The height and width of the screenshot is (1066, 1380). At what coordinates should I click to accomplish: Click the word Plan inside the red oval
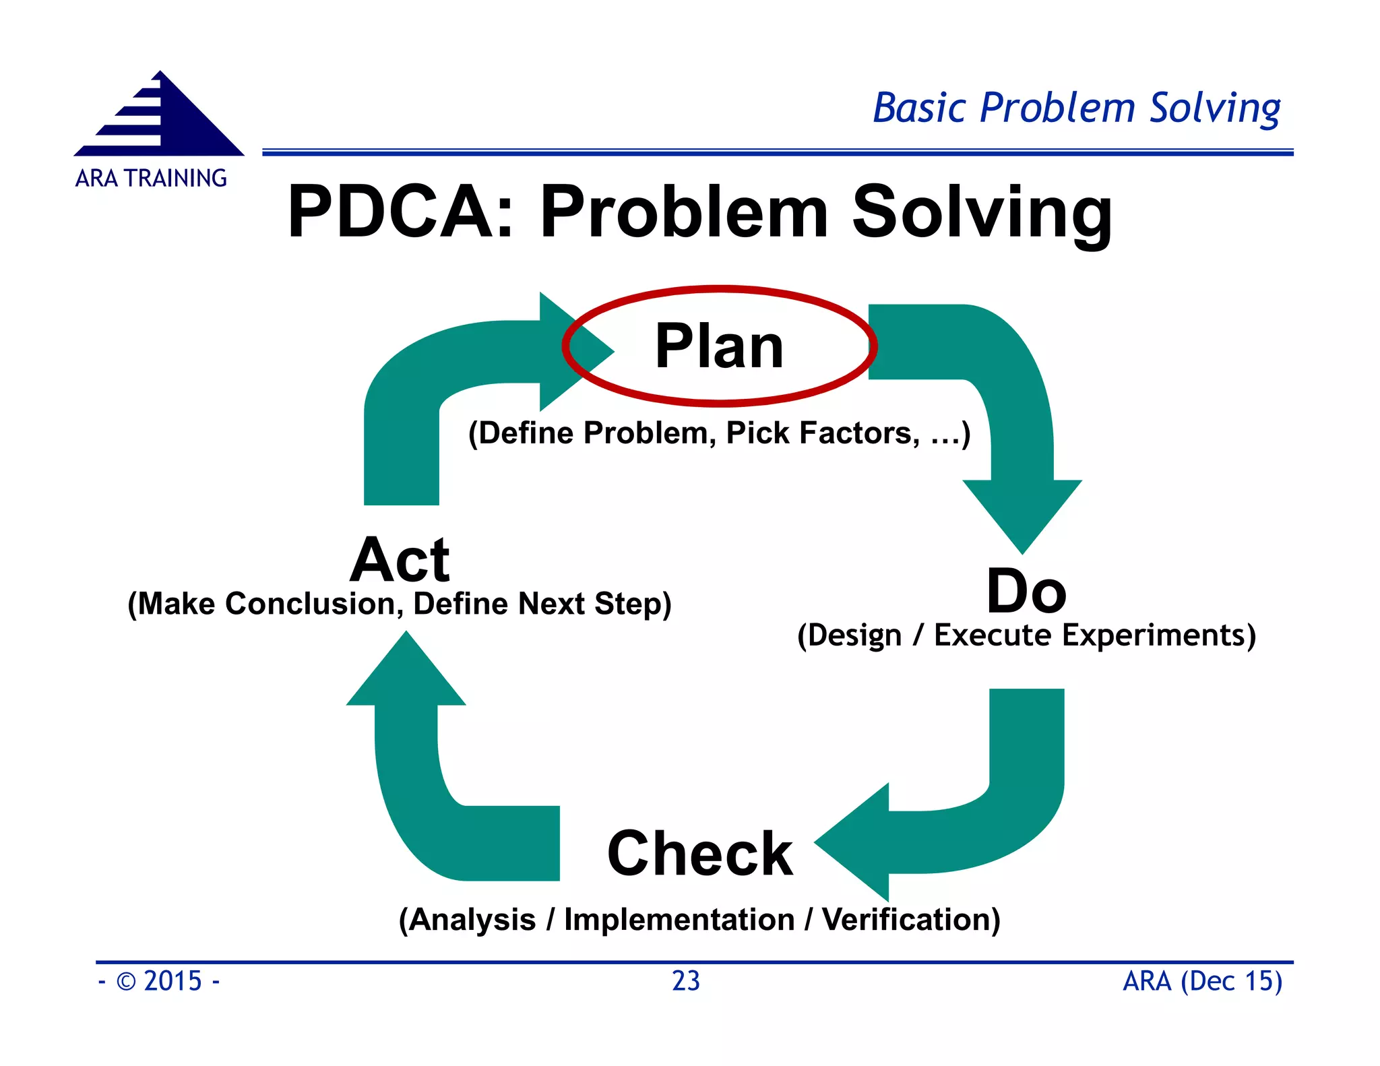click(x=719, y=347)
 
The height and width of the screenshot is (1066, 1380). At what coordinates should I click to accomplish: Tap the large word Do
click(x=1026, y=592)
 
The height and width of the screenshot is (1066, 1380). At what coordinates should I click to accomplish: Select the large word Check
click(x=699, y=854)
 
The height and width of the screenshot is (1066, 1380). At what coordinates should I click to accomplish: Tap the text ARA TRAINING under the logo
click(x=151, y=179)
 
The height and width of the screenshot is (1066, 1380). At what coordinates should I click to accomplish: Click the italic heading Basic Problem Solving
click(x=1076, y=108)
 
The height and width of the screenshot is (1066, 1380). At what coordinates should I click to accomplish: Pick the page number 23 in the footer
click(x=686, y=981)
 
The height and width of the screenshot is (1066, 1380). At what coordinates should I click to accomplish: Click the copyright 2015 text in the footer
click(x=159, y=981)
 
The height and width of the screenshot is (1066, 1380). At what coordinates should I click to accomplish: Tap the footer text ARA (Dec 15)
click(x=1202, y=981)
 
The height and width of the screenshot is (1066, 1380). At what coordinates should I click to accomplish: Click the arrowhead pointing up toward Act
click(x=406, y=674)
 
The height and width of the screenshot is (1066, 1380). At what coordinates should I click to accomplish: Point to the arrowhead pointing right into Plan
click(x=573, y=351)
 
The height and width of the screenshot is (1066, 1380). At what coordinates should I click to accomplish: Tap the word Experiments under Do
click(x=1154, y=635)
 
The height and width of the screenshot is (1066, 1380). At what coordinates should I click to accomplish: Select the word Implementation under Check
click(x=679, y=920)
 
